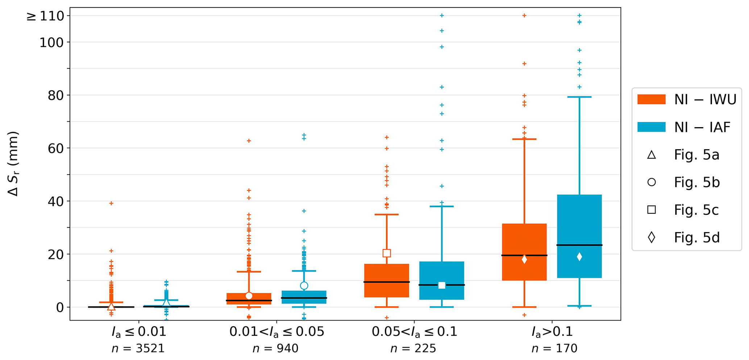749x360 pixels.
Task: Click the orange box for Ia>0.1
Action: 524,239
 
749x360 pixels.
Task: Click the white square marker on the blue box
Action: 442,285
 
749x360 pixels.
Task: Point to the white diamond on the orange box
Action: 524,259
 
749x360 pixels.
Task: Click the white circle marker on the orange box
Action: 249,296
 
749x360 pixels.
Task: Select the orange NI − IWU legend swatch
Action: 651,100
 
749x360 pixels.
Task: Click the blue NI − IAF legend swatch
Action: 651,127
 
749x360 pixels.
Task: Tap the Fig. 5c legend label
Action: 696,210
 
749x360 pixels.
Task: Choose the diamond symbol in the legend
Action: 651,238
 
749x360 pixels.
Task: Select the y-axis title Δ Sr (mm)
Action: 13,164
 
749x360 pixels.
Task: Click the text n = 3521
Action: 138,348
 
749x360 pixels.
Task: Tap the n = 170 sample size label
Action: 554,348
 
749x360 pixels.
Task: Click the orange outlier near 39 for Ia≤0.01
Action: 111,203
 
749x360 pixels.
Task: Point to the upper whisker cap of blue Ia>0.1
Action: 579,97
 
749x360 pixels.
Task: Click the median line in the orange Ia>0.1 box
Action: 524,255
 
